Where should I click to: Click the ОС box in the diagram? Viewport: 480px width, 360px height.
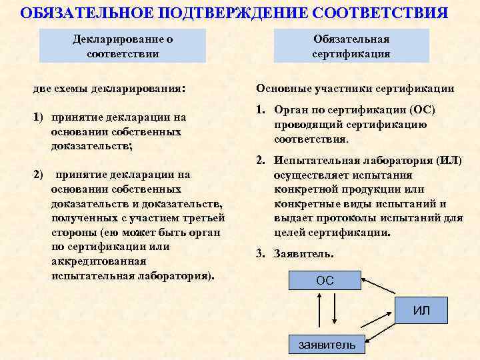pyautogui.click(x=325, y=281)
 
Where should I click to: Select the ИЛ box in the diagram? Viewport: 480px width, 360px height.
pyautogui.click(x=421, y=311)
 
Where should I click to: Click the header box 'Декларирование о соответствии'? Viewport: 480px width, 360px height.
pyautogui.click(x=123, y=45)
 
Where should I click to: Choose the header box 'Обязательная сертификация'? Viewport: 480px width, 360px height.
pyautogui.click(x=351, y=45)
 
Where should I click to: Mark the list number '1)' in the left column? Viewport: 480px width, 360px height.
pyautogui.click(x=39, y=117)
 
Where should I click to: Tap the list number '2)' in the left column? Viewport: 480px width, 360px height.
pyautogui.click(x=39, y=175)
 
